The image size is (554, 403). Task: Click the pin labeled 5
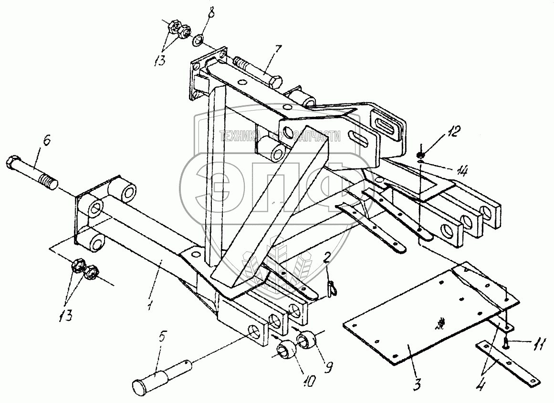pyautogui.click(x=163, y=372)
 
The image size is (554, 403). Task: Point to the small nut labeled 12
pyautogui.click(x=421, y=155)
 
